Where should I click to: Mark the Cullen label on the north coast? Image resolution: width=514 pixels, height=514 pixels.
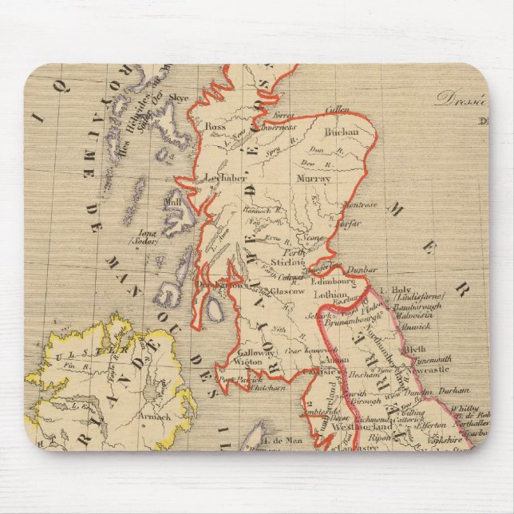click(339, 109)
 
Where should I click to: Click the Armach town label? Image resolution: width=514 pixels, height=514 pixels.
click(156, 415)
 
